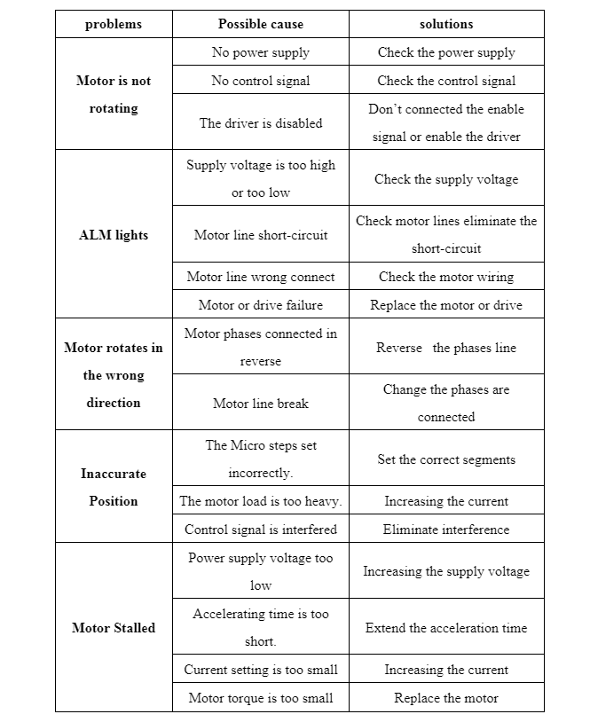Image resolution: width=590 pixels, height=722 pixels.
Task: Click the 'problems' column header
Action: [114, 24]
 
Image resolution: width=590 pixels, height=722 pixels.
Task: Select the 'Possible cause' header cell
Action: [261, 24]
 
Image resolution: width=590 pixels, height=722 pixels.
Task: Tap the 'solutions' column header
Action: [446, 24]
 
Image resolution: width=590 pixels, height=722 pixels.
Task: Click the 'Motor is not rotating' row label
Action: [114, 94]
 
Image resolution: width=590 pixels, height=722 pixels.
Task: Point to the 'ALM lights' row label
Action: [114, 235]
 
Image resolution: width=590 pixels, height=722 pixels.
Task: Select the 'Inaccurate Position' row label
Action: [114, 487]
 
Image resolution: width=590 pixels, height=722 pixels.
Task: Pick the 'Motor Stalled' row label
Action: [114, 627]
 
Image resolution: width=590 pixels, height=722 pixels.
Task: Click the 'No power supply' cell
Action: [261, 52]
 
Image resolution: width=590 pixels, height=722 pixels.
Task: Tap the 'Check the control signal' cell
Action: [446, 81]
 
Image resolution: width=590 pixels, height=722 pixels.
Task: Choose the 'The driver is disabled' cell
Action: [261, 123]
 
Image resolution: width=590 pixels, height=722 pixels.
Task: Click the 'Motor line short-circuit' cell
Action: [261, 235]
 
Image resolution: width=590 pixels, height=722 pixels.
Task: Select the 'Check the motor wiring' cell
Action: [446, 277]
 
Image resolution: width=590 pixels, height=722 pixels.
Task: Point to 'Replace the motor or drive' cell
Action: [446, 305]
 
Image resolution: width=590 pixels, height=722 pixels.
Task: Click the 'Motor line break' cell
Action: [261, 404]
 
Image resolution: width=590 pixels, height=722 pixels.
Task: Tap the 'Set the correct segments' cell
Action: [446, 459]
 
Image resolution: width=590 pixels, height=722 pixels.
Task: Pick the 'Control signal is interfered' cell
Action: [261, 530]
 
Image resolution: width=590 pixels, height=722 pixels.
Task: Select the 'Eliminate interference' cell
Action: [446, 530]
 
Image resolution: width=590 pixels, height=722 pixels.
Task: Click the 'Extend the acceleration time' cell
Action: [446, 627]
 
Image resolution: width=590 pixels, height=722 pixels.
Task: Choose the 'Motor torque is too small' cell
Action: [261, 698]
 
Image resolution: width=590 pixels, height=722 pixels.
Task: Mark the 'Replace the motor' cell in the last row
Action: [446, 698]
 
